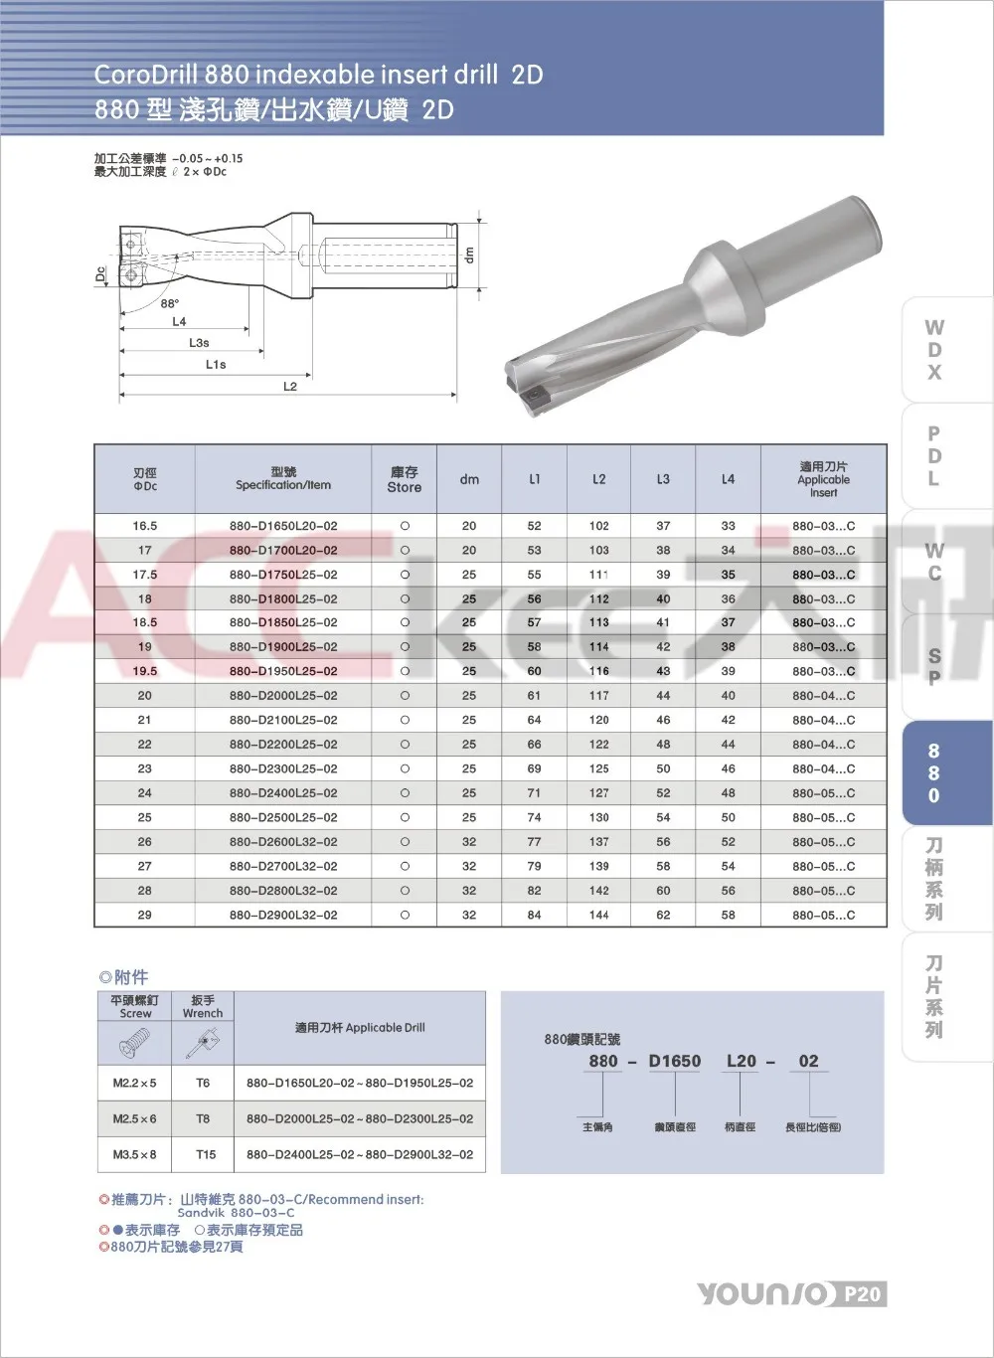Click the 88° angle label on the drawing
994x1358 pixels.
tap(170, 304)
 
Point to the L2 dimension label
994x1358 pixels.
tap(290, 386)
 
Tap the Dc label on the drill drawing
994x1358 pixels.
tap(100, 274)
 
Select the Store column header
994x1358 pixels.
tap(405, 479)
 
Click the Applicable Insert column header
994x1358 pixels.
tap(823, 479)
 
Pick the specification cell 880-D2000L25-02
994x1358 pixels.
tap(283, 695)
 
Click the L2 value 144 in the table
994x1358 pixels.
tap(598, 915)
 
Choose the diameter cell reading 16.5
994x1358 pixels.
tap(145, 526)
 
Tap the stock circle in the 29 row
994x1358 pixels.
tap(405, 915)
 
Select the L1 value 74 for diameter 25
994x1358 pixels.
tap(534, 817)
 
